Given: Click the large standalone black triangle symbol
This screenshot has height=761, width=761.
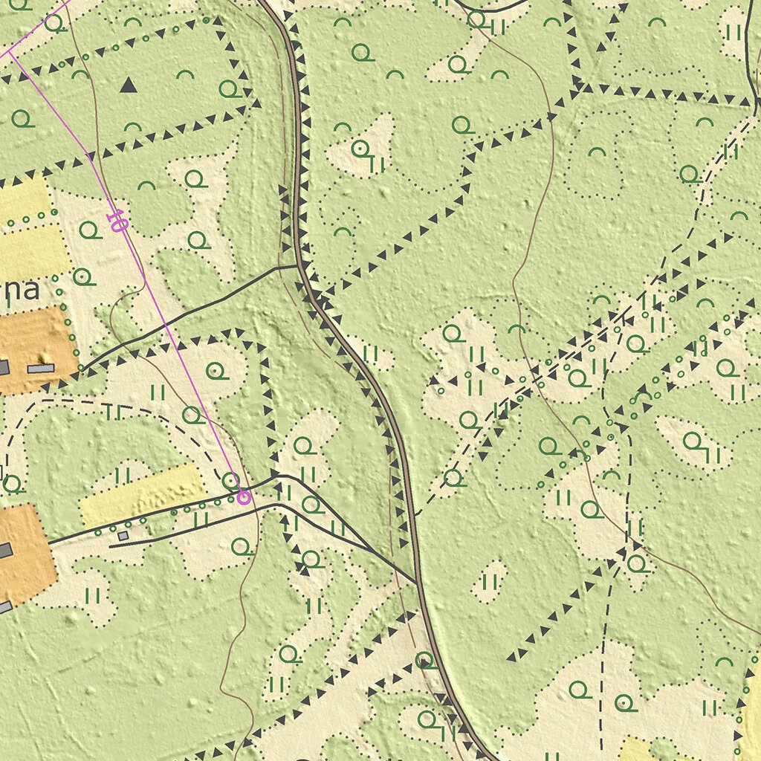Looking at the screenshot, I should click(x=129, y=85).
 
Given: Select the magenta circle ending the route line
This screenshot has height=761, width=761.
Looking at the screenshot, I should click(x=242, y=497).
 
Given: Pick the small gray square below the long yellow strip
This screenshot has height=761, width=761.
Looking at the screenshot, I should click(x=123, y=535).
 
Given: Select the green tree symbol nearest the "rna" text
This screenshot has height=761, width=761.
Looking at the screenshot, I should click(x=85, y=277).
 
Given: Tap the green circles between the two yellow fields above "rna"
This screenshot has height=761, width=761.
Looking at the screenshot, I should click(x=30, y=218).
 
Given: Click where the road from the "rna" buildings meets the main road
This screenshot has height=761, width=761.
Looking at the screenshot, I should click(x=297, y=265).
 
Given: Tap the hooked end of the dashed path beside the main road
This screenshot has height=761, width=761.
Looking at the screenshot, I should click(x=418, y=513).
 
